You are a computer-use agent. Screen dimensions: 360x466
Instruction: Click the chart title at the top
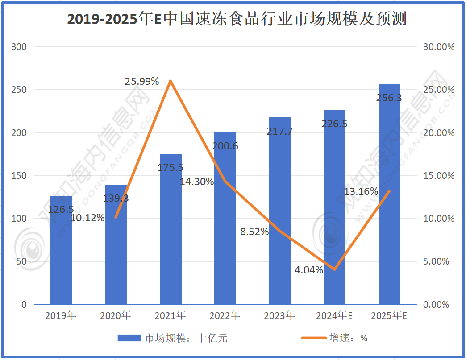click(237, 20)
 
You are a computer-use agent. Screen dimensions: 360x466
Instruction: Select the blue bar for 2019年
click(61, 250)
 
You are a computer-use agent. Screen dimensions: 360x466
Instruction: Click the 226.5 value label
click(334, 124)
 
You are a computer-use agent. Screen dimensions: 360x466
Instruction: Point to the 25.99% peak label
click(142, 81)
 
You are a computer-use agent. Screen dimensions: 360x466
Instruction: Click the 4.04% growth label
click(309, 270)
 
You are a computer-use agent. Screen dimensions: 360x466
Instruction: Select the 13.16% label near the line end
click(361, 192)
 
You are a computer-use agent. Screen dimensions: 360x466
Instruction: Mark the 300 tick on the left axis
click(21, 47)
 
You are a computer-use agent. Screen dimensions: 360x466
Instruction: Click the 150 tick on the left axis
click(21, 176)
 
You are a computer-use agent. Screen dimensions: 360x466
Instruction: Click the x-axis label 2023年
click(279, 316)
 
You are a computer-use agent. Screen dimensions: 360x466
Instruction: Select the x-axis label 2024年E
click(334, 316)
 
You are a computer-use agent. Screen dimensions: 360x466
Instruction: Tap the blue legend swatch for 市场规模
click(129, 338)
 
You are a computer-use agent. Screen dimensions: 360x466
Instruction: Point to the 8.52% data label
click(254, 232)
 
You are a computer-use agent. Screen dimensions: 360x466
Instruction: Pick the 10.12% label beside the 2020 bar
click(88, 218)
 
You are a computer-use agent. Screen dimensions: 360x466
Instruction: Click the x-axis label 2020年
click(116, 316)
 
